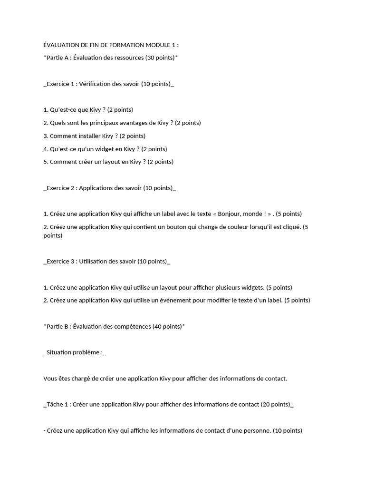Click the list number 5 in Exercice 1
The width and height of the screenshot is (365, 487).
(x=45, y=162)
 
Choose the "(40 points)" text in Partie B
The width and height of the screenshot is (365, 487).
(x=167, y=326)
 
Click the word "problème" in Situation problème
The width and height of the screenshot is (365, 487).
(x=87, y=352)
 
